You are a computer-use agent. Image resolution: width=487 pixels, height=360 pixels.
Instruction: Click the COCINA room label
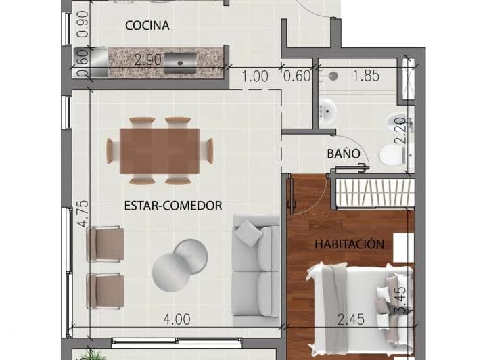(147, 26)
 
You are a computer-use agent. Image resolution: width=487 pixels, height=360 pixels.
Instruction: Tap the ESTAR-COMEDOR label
(173, 206)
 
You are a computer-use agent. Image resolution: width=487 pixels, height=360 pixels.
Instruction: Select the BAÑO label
(344, 154)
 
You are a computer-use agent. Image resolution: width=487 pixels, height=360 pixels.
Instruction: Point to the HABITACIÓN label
(350, 244)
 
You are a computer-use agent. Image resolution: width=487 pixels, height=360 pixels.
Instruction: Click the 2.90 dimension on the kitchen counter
(148, 60)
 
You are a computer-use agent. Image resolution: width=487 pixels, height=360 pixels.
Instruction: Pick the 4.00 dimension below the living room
(177, 319)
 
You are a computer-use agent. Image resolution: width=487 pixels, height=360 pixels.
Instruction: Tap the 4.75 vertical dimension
(83, 214)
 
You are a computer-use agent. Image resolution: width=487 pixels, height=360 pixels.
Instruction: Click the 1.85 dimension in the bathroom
(367, 76)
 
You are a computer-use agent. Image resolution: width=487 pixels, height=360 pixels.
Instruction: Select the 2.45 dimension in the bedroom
(351, 319)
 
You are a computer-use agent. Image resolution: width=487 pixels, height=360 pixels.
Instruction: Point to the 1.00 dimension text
(255, 76)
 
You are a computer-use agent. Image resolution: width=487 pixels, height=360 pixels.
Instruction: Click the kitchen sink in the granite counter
(180, 64)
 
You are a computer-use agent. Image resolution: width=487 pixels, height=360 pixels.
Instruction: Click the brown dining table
(160, 152)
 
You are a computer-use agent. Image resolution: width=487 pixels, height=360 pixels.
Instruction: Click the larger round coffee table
(171, 273)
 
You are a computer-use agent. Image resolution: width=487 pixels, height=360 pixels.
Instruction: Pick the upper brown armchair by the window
(106, 244)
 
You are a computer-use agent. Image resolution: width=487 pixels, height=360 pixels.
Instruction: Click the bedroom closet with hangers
(375, 193)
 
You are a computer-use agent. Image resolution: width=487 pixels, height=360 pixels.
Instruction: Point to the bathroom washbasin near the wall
(327, 111)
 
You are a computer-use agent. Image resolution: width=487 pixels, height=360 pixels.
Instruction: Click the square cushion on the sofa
(248, 233)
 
